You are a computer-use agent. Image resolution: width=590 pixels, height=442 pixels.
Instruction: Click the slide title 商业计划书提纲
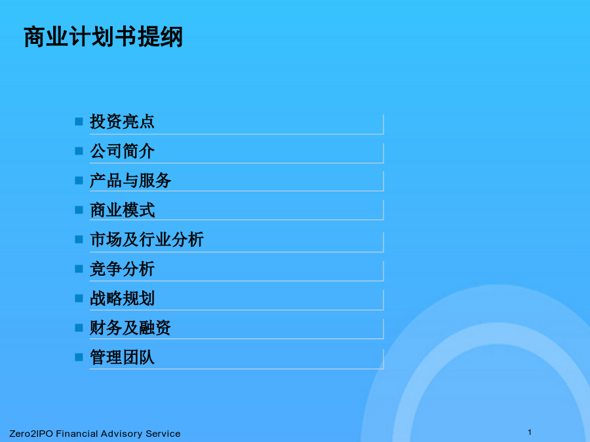pyautogui.click(x=103, y=37)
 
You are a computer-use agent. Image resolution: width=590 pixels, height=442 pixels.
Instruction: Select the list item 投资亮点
pyautogui.click(x=122, y=122)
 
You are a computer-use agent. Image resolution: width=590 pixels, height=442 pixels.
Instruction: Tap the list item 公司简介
pyautogui.click(x=122, y=151)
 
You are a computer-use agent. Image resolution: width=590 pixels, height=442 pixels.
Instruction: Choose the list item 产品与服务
pyautogui.click(x=130, y=181)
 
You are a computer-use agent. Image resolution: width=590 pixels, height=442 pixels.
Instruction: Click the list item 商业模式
pyautogui.click(x=122, y=210)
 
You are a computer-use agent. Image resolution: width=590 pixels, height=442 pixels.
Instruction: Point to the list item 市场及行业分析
pyautogui.click(x=147, y=240)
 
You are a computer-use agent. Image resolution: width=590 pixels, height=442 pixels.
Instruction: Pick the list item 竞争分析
pyautogui.click(x=122, y=269)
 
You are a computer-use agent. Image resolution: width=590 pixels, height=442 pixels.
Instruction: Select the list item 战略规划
pyautogui.click(x=122, y=299)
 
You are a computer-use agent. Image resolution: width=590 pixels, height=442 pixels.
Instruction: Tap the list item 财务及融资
pyautogui.click(x=130, y=328)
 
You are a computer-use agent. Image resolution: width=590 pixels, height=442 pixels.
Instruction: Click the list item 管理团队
pyautogui.click(x=122, y=357)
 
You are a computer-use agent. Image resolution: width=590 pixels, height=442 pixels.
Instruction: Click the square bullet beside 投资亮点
pyautogui.click(x=79, y=121)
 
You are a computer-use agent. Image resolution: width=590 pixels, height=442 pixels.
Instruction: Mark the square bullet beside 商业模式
pyautogui.click(x=79, y=210)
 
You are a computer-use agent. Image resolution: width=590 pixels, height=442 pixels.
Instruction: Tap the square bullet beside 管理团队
pyautogui.click(x=79, y=357)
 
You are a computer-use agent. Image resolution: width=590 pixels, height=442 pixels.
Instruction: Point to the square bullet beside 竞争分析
pyautogui.click(x=79, y=268)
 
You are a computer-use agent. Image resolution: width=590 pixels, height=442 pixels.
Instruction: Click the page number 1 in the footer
pyautogui.click(x=530, y=432)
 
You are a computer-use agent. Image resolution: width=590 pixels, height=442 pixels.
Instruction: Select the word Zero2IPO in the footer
pyautogui.click(x=31, y=433)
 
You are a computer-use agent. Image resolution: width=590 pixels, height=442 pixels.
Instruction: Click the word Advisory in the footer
pyautogui.click(x=121, y=434)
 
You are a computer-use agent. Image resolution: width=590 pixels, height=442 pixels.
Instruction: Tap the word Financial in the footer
pyautogui.click(x=77, y=433)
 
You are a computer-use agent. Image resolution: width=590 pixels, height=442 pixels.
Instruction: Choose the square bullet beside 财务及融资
pyautogui.click(x=79, y=328)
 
